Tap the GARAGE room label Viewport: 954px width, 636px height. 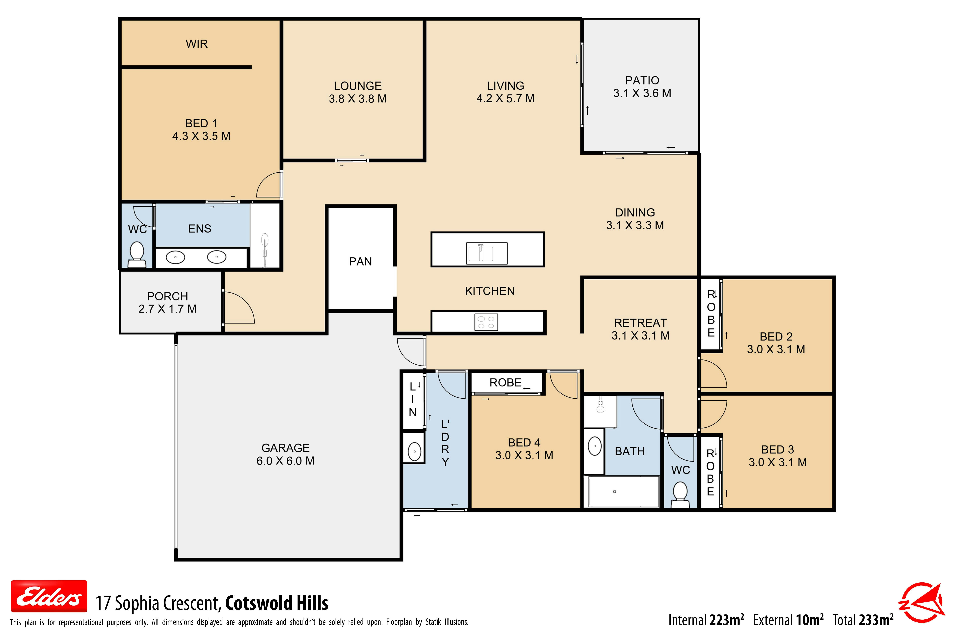286,448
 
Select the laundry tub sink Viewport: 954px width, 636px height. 414,451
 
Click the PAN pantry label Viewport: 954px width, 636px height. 360,262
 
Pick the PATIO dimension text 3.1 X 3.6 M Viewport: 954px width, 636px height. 642,93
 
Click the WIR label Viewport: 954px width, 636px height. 197,44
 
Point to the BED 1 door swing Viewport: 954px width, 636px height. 268,185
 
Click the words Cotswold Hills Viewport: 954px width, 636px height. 277,603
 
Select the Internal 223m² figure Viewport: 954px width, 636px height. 706,620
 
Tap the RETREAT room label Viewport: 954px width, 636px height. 640,323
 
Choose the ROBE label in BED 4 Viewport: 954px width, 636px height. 505,382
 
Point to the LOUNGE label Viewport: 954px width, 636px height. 358,86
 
